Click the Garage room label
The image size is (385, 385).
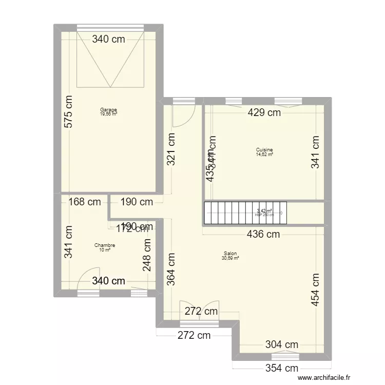tap(108, 109)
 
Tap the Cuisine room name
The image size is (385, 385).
tap(264, 150)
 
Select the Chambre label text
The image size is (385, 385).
tap(105, 245)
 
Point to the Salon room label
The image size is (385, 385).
tap(230, 253)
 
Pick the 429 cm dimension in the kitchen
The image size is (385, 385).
tap(264, 112)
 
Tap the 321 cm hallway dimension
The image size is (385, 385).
tap(171, 149)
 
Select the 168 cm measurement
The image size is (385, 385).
tap(84, 202)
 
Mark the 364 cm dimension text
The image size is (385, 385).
tap(171, 270)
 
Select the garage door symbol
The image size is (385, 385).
tap(109, 59)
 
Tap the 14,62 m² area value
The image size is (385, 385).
tap(264, 155)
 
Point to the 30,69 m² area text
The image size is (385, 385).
tap(230, 258)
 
